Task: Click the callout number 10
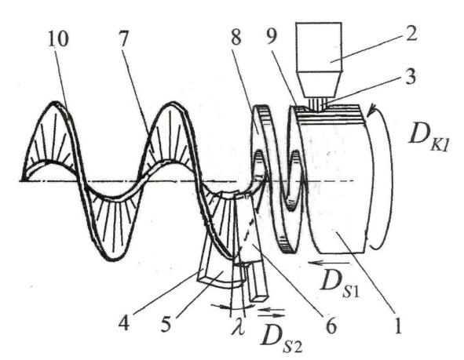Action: point(58,38)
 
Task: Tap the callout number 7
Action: point(124,38)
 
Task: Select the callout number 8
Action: point(236,37)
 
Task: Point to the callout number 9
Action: point(272,37)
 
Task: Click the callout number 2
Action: point(411,33)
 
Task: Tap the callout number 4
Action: point(124,323)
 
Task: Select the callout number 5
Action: point(166,324)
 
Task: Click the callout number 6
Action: point(331,326)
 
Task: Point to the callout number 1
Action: point(398,325)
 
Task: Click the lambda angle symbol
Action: point(239,326)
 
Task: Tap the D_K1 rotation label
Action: point(429,138)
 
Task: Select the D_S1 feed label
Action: point(340,283)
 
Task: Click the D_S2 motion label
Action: point(281,340)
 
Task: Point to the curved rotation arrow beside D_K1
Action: point(385,176)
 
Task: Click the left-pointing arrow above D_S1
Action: point(328,263)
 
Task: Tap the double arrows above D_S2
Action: point(271,313)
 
